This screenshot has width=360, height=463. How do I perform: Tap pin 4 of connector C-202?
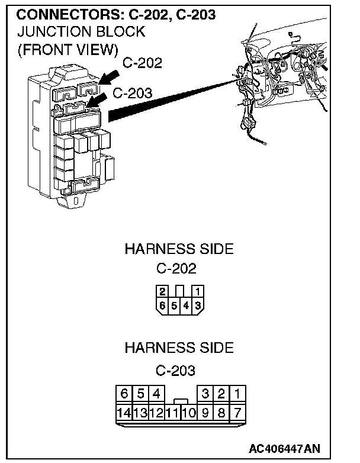[x=187, y=305]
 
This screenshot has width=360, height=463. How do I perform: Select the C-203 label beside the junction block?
[x=132, y=93]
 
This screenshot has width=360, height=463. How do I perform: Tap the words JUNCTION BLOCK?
[x=81, y=31]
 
